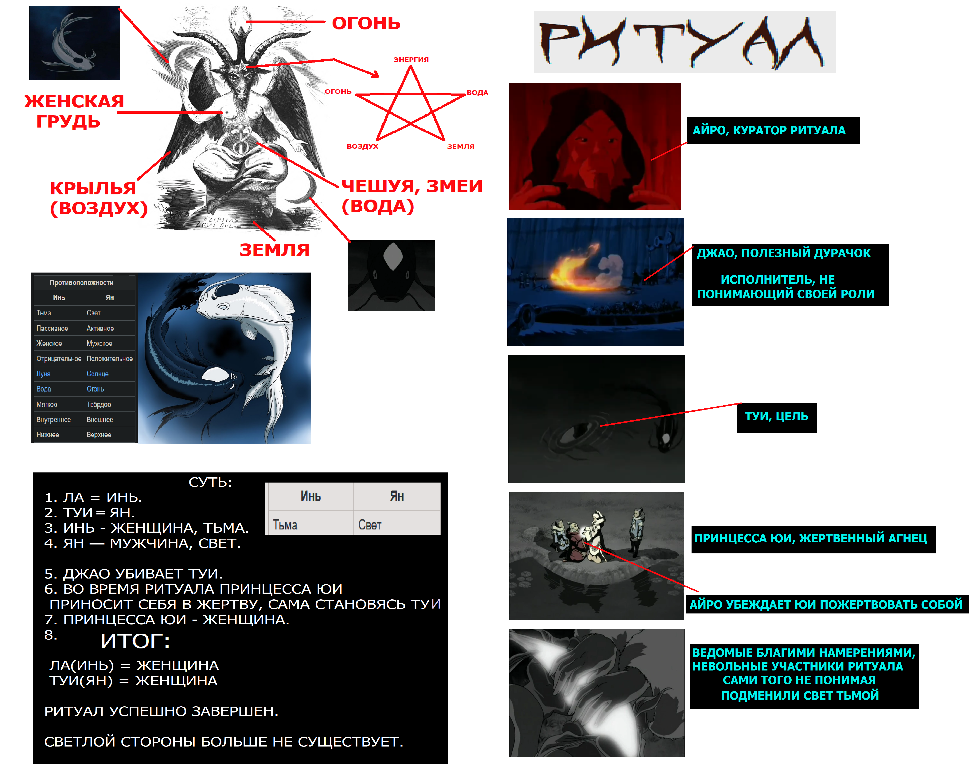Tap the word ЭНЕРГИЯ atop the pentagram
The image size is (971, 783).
(411, 59)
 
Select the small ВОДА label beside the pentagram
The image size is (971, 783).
(477, 93)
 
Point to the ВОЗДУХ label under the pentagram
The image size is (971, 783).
(362, 146)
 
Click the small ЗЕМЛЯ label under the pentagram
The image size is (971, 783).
(460, 147)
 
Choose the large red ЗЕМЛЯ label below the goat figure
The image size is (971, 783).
(275, 250)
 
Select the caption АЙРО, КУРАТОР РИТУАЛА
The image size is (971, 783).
(769, 130)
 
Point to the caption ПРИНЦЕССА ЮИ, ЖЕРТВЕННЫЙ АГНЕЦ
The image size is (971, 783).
(810, 538)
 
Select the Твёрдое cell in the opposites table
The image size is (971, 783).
(99, 404)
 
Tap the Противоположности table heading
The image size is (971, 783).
(81, 282)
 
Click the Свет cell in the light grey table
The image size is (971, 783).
(370, 525)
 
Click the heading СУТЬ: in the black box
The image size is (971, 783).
(210, 482)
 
